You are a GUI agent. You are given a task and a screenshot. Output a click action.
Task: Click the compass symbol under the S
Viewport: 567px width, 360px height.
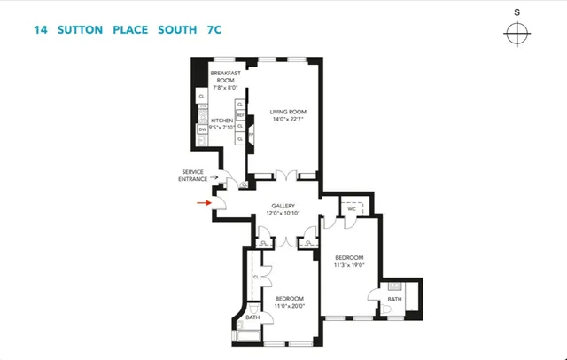coord(517,35)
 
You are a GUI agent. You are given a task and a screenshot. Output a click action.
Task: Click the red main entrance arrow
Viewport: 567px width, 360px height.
coord(203,202)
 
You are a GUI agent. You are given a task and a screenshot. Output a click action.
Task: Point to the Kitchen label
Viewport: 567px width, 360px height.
coord(221,120)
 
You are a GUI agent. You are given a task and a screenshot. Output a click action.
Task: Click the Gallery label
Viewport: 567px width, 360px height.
coord(283,206)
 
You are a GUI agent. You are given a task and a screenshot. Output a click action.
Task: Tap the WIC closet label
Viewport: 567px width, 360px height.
coord(352,209)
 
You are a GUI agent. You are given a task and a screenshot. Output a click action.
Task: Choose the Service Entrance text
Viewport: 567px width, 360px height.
coord(193,175)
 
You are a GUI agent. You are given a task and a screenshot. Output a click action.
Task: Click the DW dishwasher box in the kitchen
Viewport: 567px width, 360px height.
coord(202,129)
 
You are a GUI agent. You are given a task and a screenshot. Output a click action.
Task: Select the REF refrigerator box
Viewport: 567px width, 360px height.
coord(240,115)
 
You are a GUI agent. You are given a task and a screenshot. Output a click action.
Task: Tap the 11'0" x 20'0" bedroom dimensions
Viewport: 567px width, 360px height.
coord(290,305)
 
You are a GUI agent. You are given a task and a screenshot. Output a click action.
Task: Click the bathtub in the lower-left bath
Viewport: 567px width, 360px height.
coord(249,334)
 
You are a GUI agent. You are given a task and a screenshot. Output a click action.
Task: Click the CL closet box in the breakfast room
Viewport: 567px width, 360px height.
coord(202,96)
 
